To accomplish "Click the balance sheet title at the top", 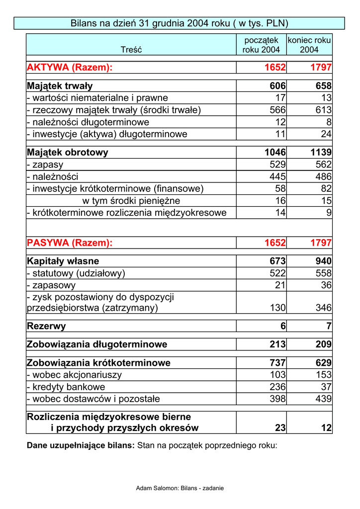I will [180, 23].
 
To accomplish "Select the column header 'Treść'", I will [131, 50].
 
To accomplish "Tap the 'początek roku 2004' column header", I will [261, 45].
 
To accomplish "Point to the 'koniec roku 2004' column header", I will [309, 45].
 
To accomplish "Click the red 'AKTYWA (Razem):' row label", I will [70, 68].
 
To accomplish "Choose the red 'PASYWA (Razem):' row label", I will [70, 243].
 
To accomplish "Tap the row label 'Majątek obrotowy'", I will [68, 153].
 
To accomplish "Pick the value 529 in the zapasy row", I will [277, 165].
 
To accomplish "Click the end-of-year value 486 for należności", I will [323, 176].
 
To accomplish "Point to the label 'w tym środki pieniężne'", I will [131, 201].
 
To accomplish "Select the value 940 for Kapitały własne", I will [323, 261].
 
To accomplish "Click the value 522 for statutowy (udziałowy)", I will [277, 273].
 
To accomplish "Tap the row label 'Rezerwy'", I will [46, 326].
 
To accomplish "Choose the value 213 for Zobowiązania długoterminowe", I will [277, 344].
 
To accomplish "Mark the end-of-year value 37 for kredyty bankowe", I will [326, 387].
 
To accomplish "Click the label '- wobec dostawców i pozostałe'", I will [93, 399].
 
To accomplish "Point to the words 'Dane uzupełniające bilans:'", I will [81, 445].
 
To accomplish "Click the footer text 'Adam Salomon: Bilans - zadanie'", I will [180, 488].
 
